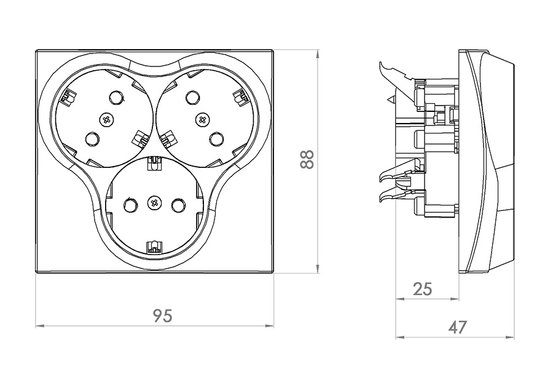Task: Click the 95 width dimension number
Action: tap(162, 315)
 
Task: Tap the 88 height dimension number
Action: tap(307, 159)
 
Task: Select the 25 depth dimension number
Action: tap(422, 288)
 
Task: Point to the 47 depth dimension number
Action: tap(457, 327)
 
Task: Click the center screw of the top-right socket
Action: tap(201, 119)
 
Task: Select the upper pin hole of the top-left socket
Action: tap(116, 97)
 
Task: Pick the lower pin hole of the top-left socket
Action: tap(92, 140)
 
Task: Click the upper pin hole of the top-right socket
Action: tap(192, 97)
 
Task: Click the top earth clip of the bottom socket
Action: tap(152, 163)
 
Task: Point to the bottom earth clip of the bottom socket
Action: tap(152, 248)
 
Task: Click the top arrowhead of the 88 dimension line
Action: tap(317, 54)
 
